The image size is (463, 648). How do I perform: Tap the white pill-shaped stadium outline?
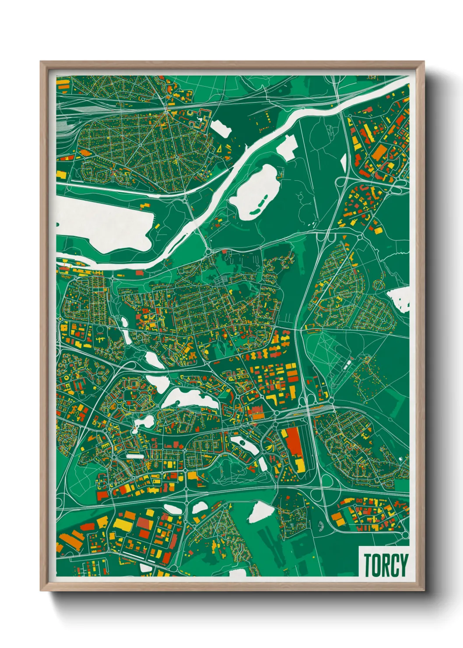(x=135, y=456)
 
